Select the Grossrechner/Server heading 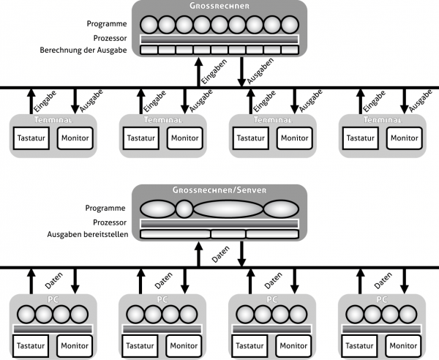click(219, 190)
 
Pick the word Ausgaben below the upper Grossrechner click(254, 74)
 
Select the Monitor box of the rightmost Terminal click(404, 138)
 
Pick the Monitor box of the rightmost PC click(404, 344)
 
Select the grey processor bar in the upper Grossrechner click(219, 39)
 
